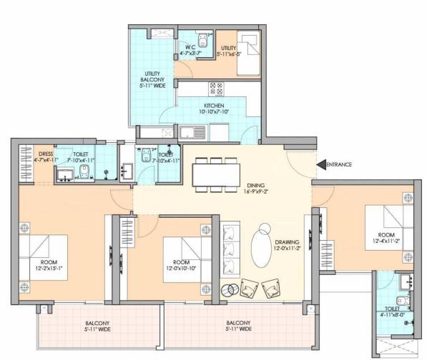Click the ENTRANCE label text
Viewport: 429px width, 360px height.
click(x=340, y=164)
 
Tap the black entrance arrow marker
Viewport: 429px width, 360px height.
click(x=321, y=164)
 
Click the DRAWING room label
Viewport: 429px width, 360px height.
click(x=287, y=245)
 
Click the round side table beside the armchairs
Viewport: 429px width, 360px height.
click(x=231, y=289)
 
